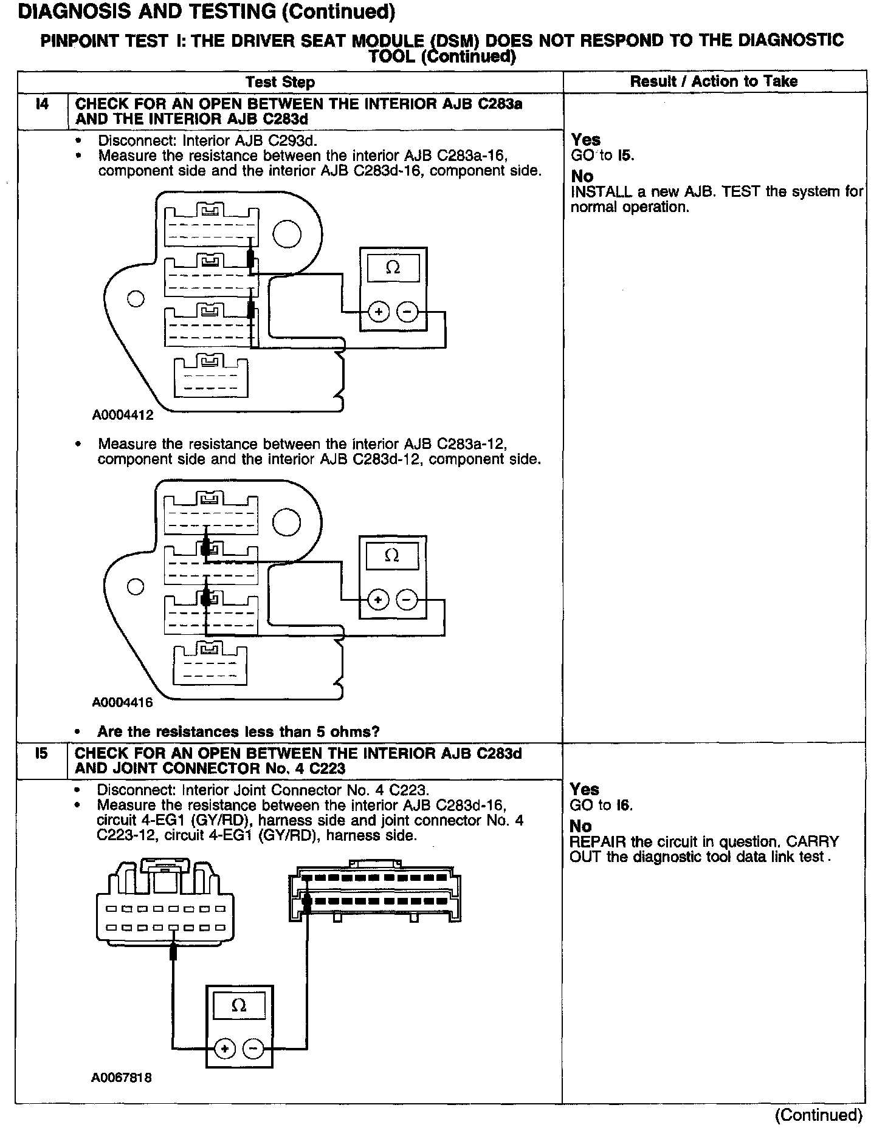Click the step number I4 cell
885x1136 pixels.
42,104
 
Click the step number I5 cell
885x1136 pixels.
41,754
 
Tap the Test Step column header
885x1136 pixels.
280,82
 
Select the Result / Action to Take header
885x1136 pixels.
714,81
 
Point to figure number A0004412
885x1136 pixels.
123,416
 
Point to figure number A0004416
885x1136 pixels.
122,703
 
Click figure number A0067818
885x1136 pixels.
122,1078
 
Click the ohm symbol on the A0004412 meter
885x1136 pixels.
393,268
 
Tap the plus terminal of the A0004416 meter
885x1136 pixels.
378,600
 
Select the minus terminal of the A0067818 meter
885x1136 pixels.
253,1049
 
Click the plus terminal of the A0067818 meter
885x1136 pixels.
225,1049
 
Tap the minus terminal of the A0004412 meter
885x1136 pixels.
407,312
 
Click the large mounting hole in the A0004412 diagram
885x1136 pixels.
286,234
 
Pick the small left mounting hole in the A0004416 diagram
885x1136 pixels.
135,587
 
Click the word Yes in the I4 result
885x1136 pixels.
585,140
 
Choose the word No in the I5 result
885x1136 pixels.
580,826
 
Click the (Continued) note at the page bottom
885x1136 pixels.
818,1115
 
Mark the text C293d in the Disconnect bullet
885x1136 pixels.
297,141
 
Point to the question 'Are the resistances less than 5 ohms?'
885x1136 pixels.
238,731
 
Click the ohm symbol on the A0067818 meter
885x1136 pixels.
239,1005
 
